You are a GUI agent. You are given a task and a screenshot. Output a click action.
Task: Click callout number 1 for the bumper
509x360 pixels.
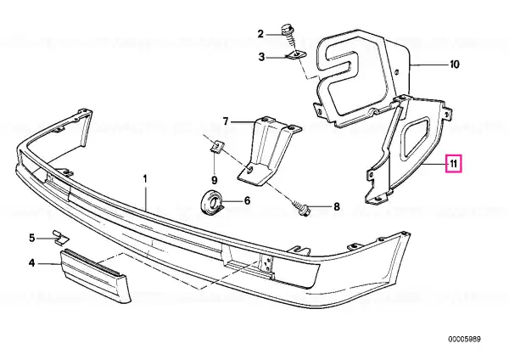tap(145, 179)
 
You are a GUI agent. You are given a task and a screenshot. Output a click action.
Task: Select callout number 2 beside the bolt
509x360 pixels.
tap(260, 34)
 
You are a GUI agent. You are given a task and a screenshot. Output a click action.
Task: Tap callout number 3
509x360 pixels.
tap(261, 58)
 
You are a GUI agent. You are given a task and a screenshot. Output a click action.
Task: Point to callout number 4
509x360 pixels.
tap(32, 263)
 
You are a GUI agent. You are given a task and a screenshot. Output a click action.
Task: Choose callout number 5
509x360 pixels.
tap(32, 238)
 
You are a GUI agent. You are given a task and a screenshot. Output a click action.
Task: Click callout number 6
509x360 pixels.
tap(248, 200)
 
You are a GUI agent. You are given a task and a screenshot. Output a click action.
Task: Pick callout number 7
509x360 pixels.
tap(226, 121)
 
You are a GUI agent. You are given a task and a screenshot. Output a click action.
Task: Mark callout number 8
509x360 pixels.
tap(336, 206)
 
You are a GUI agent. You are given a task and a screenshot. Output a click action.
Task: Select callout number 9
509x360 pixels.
tap(215, 180)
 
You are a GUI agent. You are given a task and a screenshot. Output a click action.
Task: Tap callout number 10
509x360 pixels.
tap(455, 65)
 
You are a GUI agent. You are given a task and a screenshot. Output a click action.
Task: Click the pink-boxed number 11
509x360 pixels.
tap(454, 164)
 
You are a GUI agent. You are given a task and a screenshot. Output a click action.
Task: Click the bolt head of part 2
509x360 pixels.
tap(287, 29)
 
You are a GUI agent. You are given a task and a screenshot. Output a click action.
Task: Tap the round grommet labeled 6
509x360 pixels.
tap(210, 203)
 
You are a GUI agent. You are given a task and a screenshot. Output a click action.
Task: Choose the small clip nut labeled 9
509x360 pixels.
tap(216, 146)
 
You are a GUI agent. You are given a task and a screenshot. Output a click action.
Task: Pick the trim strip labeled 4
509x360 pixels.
tap(95, 275)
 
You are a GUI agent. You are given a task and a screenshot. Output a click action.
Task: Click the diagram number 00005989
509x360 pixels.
tap(465, 340)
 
